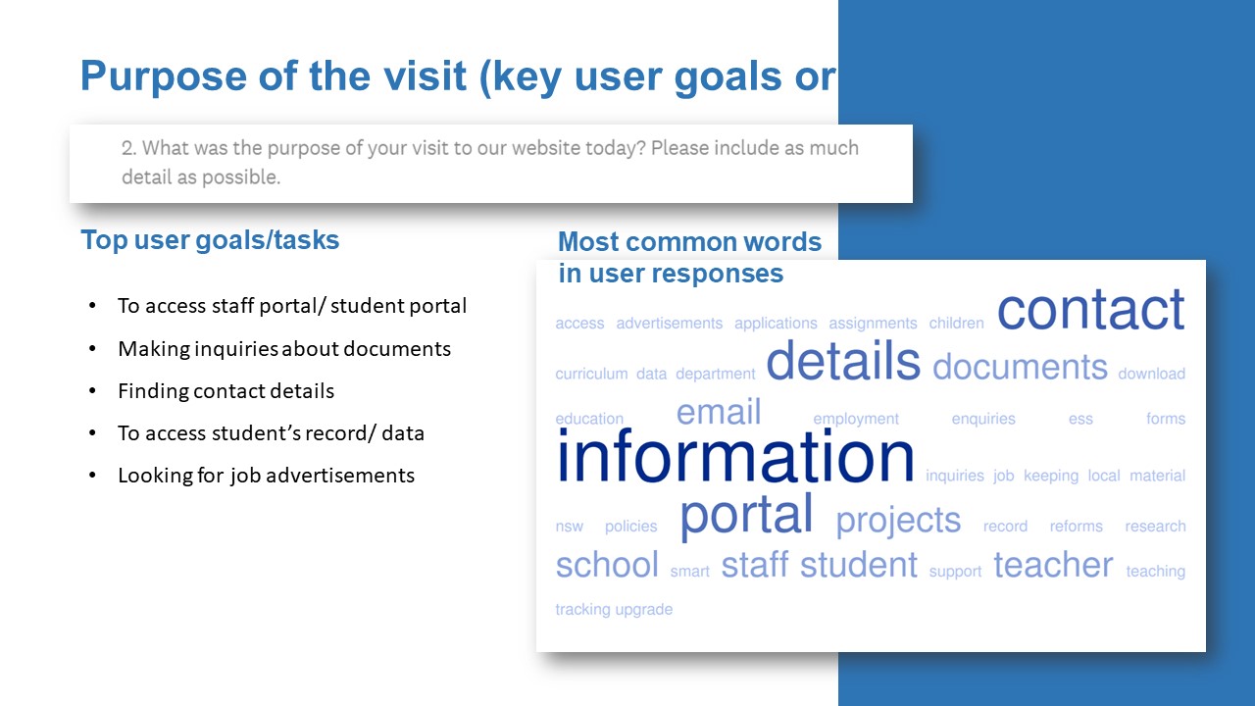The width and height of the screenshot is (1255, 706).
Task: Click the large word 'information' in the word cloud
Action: (735, 456)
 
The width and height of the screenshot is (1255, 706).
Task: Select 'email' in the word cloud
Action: (719, 412)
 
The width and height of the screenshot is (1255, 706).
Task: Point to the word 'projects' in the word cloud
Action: (898, 521)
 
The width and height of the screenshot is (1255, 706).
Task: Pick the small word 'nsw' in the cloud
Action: (570, 527)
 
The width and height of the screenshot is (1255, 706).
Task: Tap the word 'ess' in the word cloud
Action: (1080, 419)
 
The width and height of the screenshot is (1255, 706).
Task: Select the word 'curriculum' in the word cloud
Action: (591, 374)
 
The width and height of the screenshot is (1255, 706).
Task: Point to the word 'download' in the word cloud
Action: (1151, 374)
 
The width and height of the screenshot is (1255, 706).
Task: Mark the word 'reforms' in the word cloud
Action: (1076, 527)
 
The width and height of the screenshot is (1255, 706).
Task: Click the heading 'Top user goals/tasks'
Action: (210, 240)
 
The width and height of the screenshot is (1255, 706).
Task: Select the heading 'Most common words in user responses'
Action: (689, 257)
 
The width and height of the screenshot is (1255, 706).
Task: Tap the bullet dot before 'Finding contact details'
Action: (92, 390)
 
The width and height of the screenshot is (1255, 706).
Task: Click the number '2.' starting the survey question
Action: (128, 148)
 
